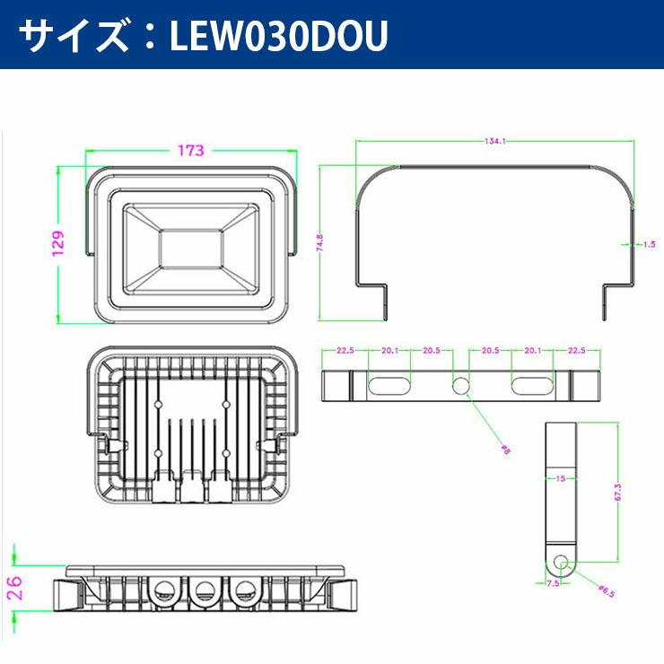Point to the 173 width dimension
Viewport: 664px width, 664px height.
point(190,150)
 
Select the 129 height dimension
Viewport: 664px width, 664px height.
point(58,243)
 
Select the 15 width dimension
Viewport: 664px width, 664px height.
point(561,478)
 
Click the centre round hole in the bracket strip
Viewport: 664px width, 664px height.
point(460,385)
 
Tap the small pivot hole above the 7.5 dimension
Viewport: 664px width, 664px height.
point(561,563)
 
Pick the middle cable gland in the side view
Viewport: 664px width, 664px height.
point(204,590)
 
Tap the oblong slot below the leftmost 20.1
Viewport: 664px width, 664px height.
point(389,385)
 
